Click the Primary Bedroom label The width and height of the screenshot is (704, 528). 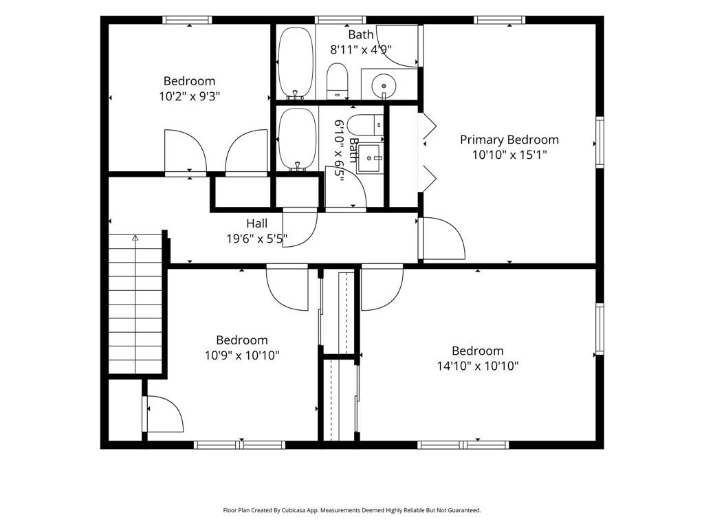[x=509, y=140]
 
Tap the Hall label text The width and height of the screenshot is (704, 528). [x=257, y=223]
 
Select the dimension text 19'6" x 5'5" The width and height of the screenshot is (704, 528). [x=257, y=239]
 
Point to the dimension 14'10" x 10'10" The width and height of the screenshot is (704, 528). [x=478, y=366]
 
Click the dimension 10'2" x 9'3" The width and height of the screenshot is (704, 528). [x=190, y=96]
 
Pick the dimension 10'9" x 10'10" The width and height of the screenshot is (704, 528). [x=242, y=355]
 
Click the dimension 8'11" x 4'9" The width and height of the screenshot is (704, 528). [x=361, y=49]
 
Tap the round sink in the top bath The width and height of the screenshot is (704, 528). [x=384, y=85]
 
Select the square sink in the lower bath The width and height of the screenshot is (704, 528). [x=369, y=159]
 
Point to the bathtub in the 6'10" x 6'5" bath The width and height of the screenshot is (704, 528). [x=296, y=139]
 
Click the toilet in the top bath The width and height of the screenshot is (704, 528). [x=337, y=80]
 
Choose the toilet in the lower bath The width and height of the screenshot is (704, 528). [x=366, y=125]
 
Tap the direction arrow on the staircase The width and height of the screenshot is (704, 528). [x=135, y=238]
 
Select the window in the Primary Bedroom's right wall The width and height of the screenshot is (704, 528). [x=599, y=142]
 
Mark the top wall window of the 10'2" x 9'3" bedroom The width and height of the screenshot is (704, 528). [x=187, y=20]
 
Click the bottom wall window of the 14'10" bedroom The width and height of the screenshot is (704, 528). [x=463, y=445]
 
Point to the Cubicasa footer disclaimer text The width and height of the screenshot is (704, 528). [x=352, y=510]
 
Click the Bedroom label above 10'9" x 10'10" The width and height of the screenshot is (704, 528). [x=242, y=340]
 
